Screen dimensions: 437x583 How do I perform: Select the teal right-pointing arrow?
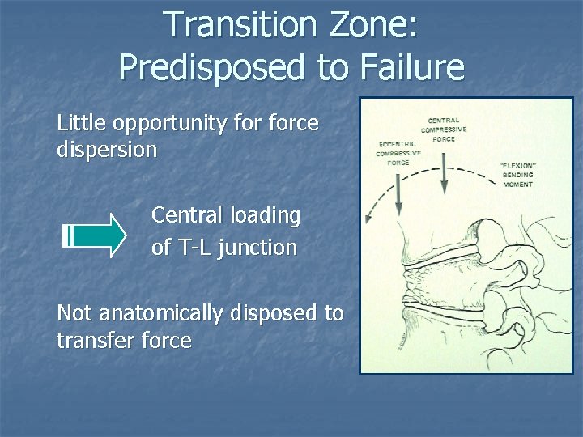tap(95, 234)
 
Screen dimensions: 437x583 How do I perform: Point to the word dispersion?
tap(107, 151)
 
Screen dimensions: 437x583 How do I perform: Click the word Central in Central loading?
tap(187, 215)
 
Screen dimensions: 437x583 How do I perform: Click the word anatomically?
tap(157, 312)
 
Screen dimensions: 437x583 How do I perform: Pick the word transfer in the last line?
tap(97, 340)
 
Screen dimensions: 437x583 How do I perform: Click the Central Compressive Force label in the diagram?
tap(443, 129)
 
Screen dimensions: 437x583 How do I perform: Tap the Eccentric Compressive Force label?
tap(398, 154)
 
